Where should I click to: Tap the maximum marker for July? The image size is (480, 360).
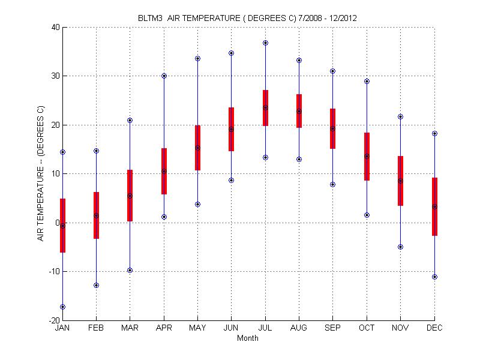[x=265, y=43]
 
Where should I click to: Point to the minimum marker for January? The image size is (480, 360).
[x=62, y=307]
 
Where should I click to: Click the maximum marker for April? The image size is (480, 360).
[x=164, y=76]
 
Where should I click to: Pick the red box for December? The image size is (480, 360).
[x=434, y=206]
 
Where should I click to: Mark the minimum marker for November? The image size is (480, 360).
[x=400, y=247]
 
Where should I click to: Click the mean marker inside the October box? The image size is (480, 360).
[x=367, y=156]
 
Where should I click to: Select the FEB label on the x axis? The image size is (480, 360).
[x=96, y=328]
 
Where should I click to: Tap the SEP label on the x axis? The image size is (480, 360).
[x=333, y=328]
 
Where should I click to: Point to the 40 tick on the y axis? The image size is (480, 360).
[x=55, y=28]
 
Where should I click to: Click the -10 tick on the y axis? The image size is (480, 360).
[x=53, y=272]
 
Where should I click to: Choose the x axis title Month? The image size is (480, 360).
[x=248, y=338]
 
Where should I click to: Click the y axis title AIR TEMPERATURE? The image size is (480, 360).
[x=41, y=174]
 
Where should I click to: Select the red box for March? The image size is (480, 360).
[x=130, y=196]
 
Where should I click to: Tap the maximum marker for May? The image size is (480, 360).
[x=197, y=59]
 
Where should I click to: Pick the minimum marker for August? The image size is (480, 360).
[x=299, y=159]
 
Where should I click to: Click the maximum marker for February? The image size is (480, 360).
[x=96, y=151]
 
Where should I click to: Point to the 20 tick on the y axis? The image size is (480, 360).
[x=55, y=125]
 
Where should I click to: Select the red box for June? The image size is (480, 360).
[x=232, y=129]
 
